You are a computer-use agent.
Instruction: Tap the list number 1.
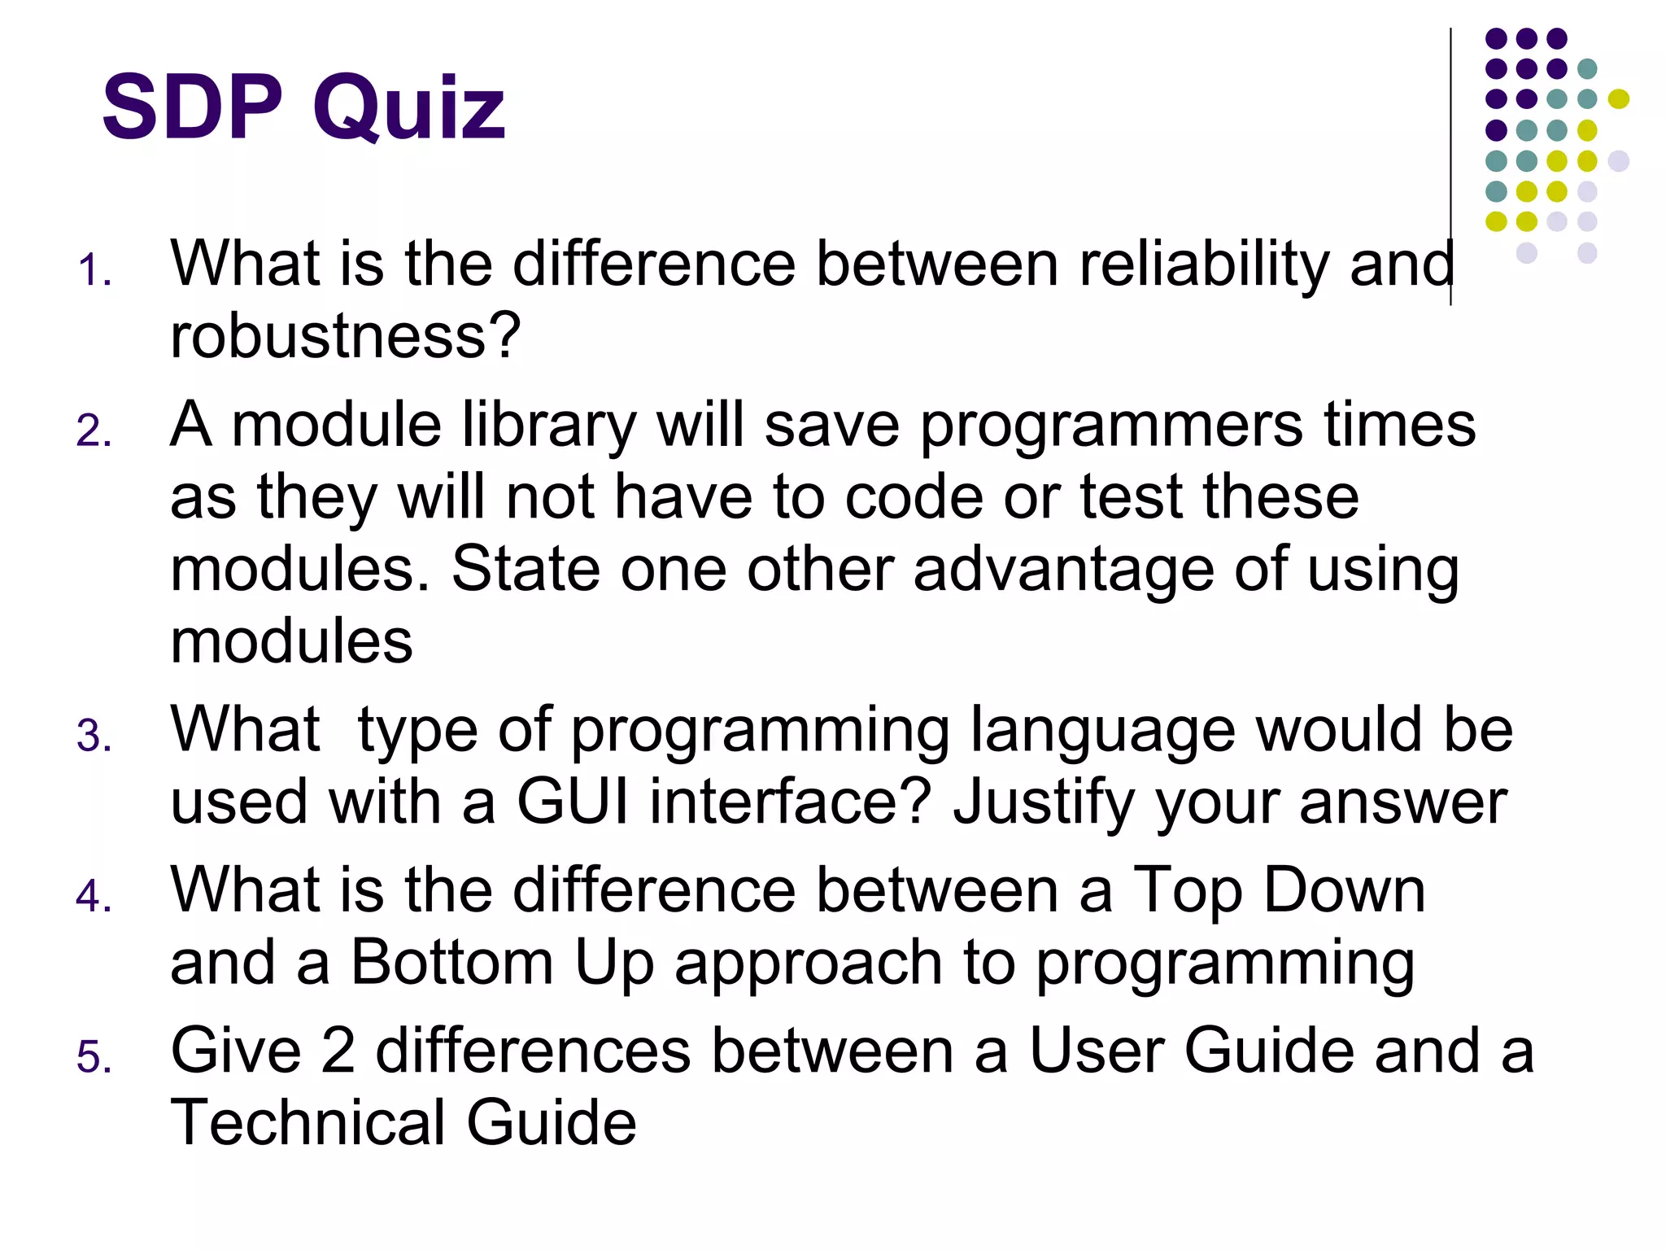click(94, 270)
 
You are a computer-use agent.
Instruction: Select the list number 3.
click(94, 736)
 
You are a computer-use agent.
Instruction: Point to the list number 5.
click(94, 1057)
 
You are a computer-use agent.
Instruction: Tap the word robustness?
click(345, 335)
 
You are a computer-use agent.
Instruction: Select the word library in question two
click(549, 425)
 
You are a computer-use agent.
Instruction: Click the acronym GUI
click(573, 802)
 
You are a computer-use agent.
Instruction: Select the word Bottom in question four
click(452, 963)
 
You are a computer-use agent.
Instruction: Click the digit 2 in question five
click(338, 1051)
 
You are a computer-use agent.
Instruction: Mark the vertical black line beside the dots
click(1450, 163)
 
